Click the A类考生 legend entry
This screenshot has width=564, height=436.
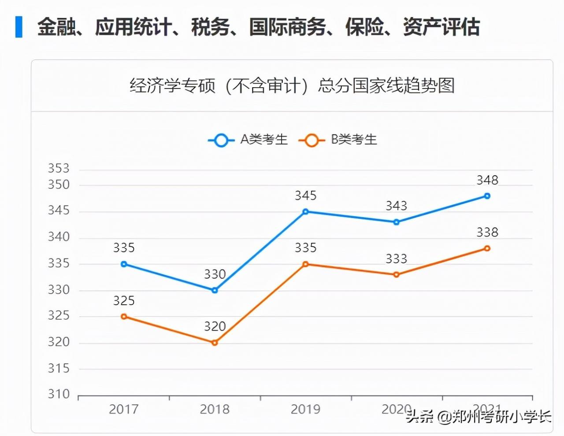point(248,140)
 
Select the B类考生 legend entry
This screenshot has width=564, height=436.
point(338,140)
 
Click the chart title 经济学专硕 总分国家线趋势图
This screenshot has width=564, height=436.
point(292,85)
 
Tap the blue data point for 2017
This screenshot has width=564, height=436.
point(124,264)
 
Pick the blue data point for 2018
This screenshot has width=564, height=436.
point(215,290)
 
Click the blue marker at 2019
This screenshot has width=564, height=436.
point(305,212)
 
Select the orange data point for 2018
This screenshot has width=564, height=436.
point(215,343)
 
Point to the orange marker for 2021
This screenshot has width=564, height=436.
point(487,248)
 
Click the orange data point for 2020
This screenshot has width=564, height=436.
point(396,275)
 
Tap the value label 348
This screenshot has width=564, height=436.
point(487,180)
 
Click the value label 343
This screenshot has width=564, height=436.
point(396,206)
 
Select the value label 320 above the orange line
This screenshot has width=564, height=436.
point(215,326)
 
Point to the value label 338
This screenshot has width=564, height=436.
point(487,232)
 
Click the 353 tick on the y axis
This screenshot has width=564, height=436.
point(59,168)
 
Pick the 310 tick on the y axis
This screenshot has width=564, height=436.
point(59,394)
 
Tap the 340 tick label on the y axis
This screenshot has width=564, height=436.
point(59,237)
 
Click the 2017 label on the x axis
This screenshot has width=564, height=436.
point(124,409)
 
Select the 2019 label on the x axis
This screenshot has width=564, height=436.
point(305,409)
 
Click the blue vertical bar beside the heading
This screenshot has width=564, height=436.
point(19,27)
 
